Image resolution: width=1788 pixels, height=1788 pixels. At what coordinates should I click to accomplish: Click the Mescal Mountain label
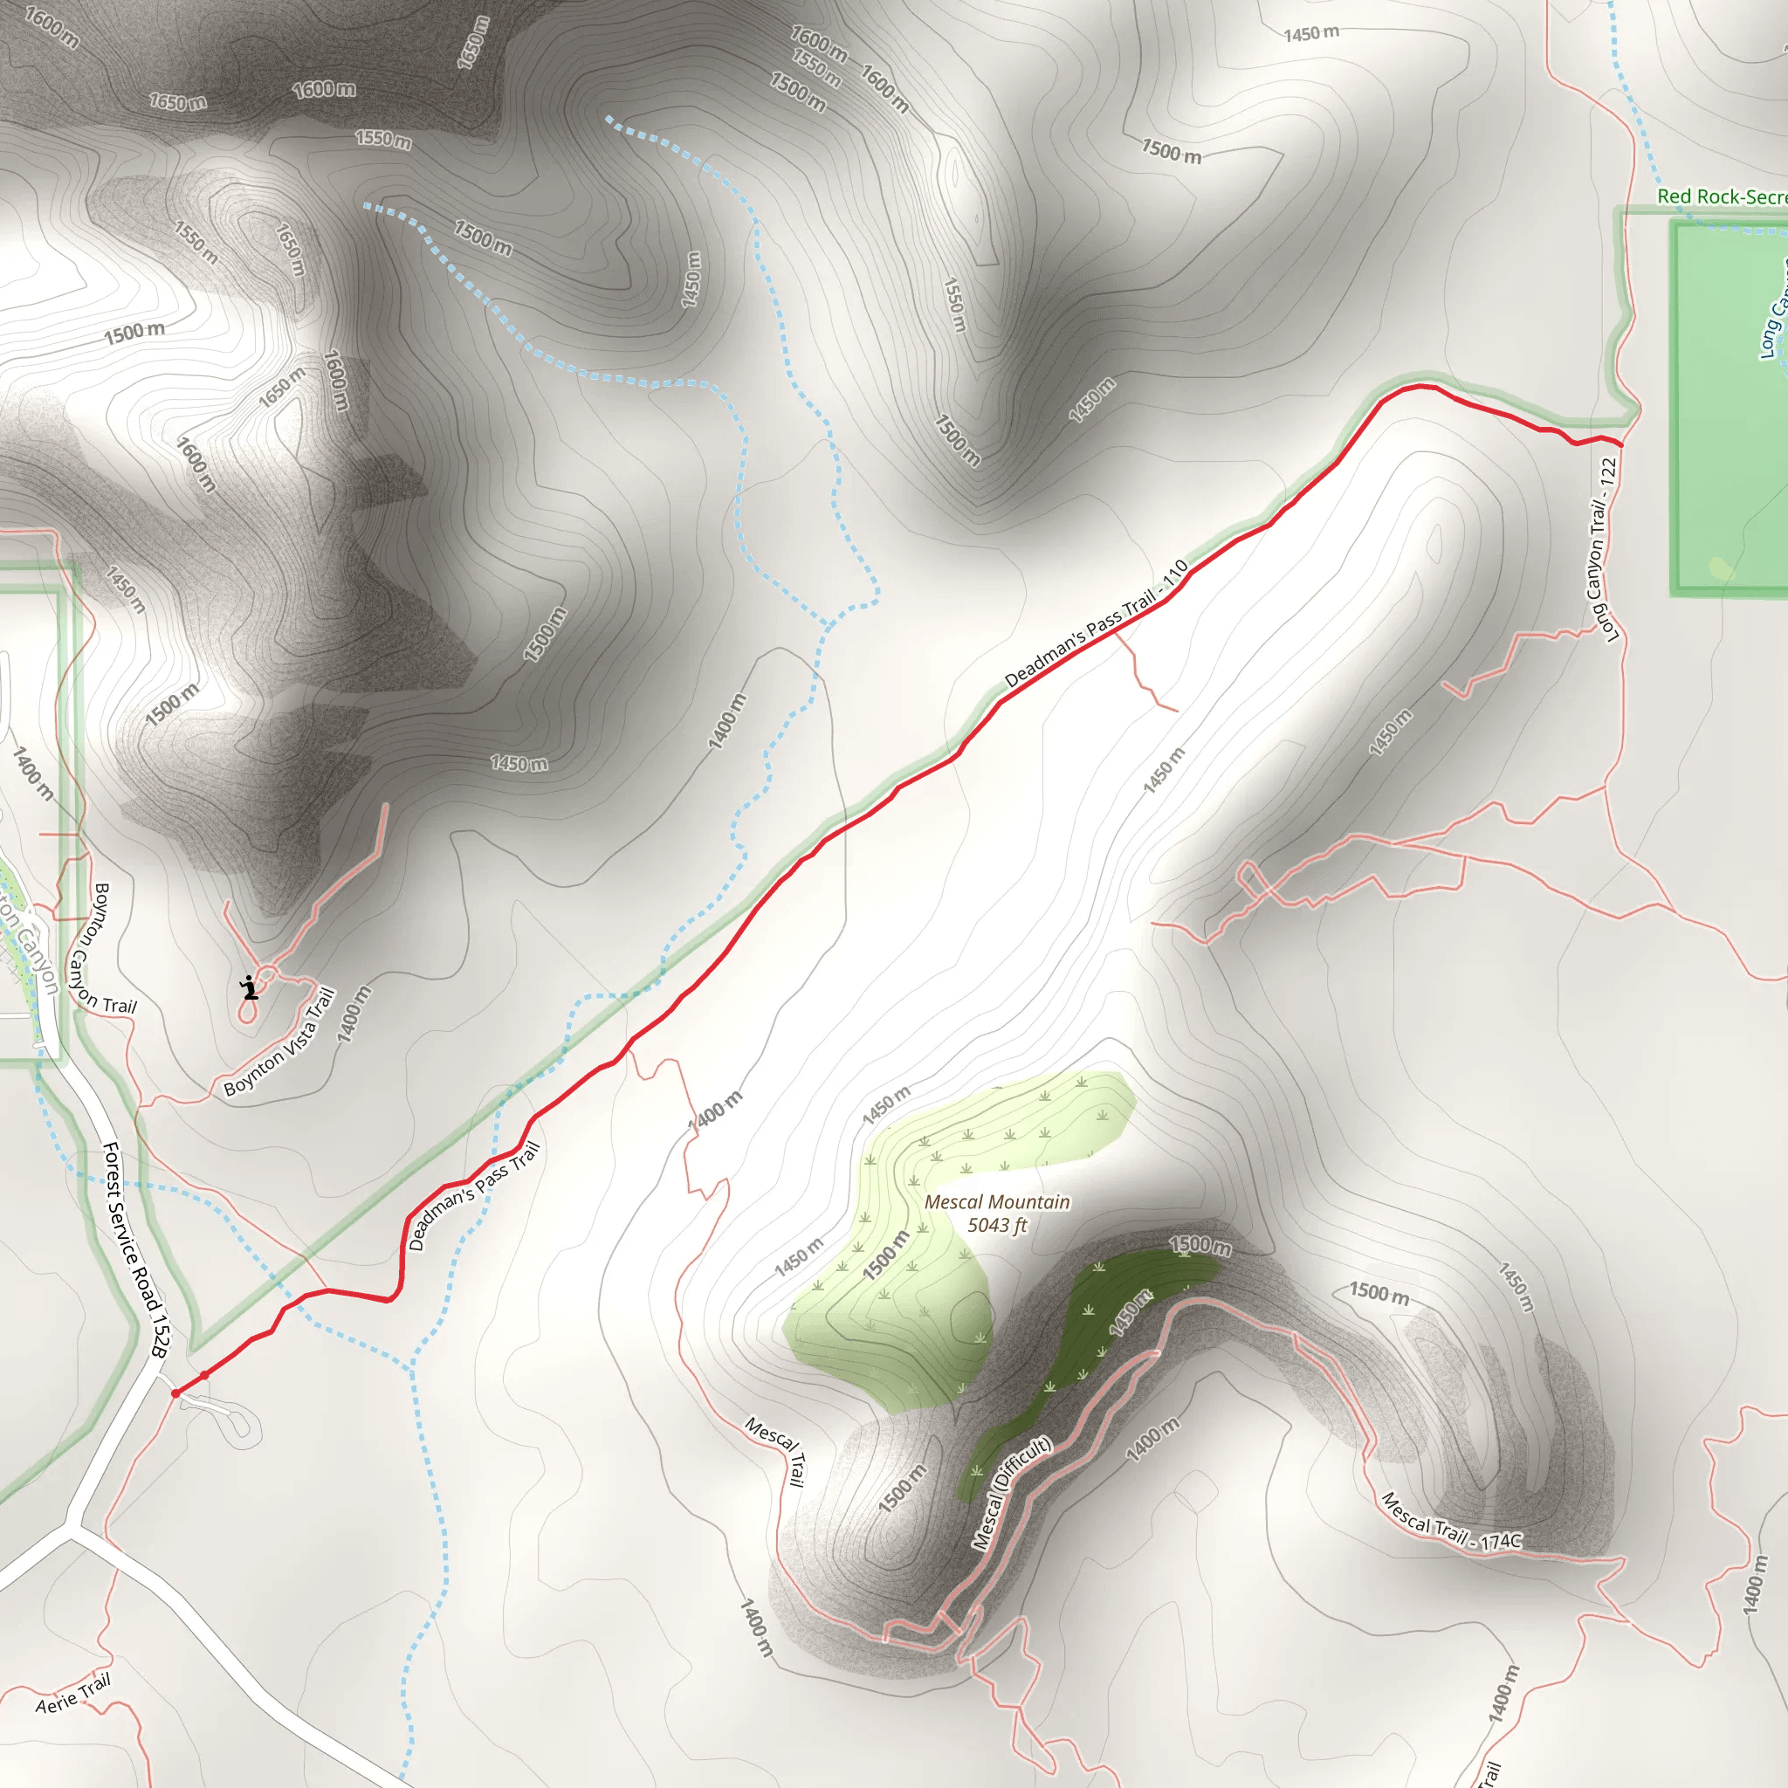[x=997, y=1201]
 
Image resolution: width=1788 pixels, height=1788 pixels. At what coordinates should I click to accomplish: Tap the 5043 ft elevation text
[x=997, y=1225]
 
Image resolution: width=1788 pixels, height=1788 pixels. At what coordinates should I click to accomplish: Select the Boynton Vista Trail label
[x=279, y=1042]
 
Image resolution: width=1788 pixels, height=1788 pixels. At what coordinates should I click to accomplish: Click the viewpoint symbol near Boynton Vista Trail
[x=249, y=987]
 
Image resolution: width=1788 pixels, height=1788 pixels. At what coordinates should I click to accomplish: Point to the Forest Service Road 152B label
[x=134, y=1249]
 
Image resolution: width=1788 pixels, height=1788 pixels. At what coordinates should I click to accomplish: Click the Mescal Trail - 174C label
[x=1450, y=1523]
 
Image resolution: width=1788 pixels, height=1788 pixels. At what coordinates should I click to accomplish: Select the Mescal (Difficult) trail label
[x=1011, y=1492]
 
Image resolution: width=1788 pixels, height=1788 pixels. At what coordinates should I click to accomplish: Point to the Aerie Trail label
[x=73, y=1693]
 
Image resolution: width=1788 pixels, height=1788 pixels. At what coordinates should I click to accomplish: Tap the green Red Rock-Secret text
[x=1721, y=196]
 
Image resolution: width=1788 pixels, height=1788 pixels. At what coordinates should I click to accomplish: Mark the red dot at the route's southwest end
[x=175, y=1393]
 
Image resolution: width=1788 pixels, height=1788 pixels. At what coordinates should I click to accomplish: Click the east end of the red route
[x=1620, y=444]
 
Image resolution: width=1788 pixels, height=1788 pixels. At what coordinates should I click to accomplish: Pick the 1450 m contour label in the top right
[x=1310, y=34]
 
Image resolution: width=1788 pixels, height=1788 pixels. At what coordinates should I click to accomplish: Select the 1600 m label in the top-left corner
[x=52, y=28]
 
